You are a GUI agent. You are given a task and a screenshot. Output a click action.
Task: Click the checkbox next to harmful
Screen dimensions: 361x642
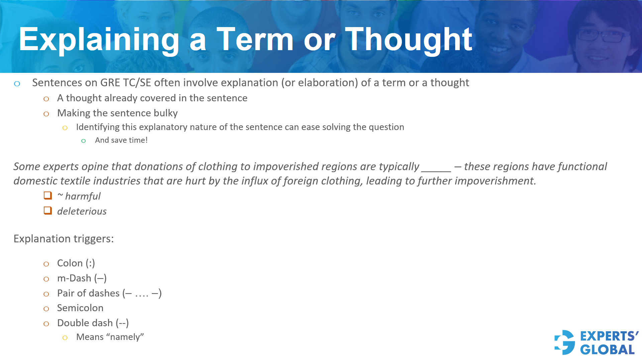pos(48,196)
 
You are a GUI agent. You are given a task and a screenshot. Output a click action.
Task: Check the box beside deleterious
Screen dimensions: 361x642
pos(48,211)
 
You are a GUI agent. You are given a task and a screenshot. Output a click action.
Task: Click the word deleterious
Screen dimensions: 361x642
pos(82,211)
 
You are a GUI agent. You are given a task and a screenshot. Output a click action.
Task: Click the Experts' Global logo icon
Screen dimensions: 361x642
pos(565,343)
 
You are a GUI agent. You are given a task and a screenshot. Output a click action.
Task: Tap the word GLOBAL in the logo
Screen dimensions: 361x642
pos(607,350)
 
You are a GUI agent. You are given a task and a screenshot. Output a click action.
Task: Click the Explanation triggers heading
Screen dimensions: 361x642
pos(64,239)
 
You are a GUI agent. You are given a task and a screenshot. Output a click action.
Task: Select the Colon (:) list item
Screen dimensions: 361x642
pos(76,263)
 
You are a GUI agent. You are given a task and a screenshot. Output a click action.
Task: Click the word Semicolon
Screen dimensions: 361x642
pos(80,308)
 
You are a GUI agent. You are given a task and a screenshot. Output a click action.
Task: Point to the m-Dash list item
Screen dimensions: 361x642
pos(82,278)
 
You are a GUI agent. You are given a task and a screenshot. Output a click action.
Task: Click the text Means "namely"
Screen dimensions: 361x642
pos(110,337)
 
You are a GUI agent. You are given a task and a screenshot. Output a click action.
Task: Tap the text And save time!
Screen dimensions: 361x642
pos(121,140)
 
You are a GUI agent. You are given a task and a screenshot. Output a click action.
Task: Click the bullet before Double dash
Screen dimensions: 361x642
pos(46,324)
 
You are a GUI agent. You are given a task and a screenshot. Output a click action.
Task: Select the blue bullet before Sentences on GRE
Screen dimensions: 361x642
pos(17,84)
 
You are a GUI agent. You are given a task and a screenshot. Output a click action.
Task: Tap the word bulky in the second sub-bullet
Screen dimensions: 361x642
pos(166,113)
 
